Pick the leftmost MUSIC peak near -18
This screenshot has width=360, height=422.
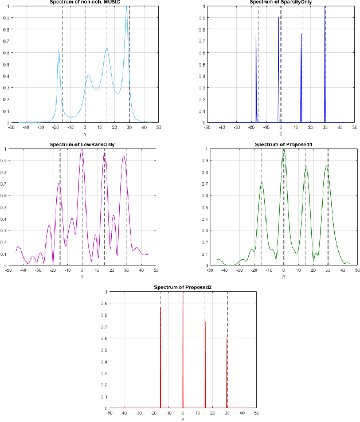tap(58, 49)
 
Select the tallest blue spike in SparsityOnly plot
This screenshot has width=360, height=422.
tap(325, 7)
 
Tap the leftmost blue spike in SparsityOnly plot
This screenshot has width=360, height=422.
tap(256, 36)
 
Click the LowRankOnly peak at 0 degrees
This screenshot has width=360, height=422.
tap(83, 150)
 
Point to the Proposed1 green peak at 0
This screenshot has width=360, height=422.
tap(283, 150)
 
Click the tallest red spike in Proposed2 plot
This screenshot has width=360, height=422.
tap(183, 293)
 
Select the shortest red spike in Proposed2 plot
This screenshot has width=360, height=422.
tap(226, 339)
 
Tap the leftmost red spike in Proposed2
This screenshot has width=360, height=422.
tap(161, 307)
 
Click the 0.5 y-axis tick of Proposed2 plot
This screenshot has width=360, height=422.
tap(103, 350)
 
